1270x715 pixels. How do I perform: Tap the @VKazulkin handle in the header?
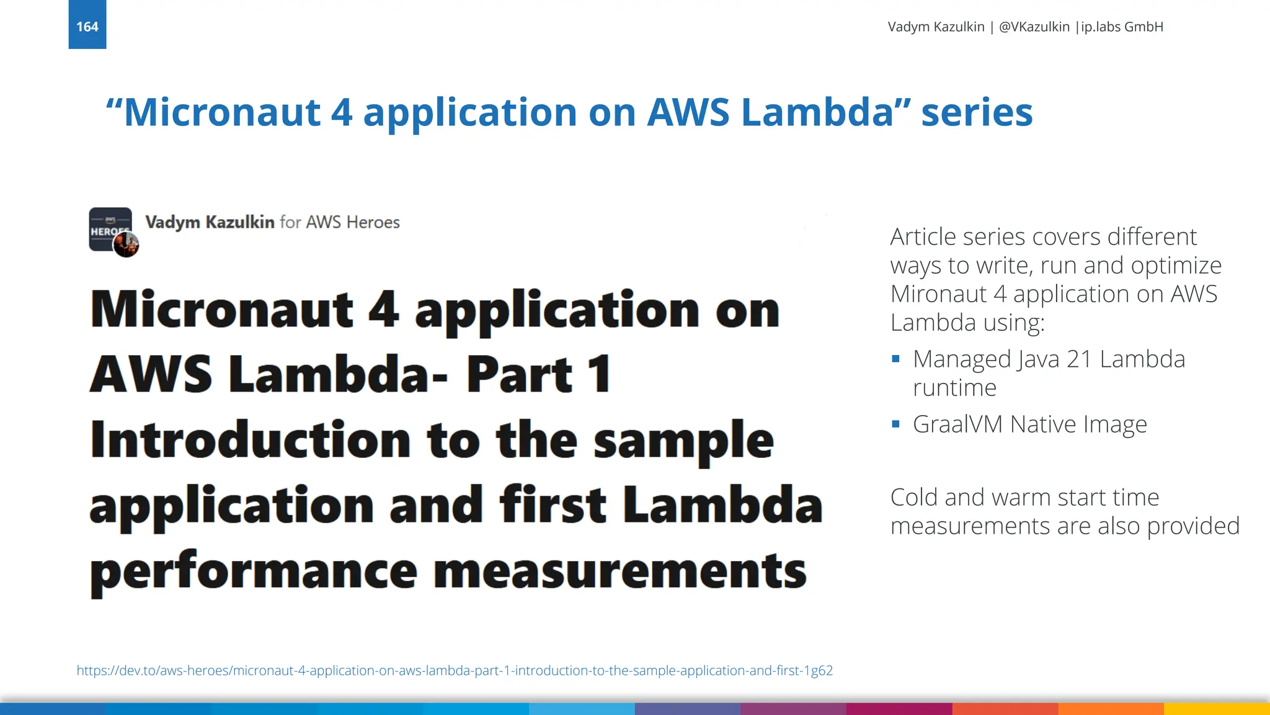tap(1034, 27)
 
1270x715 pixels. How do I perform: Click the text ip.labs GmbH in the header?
tap(1122, 27)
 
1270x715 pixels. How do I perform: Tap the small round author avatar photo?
tap(126, 245)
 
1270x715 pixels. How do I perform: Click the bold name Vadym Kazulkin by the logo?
tap(210, 222)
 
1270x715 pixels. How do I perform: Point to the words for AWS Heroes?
tap(340, 222)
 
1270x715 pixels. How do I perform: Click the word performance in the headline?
tap(254, 571)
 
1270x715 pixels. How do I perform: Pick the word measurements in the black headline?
tap(619, 571)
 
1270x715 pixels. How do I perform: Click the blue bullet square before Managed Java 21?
tap(895, 359)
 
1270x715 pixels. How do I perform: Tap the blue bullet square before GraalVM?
tap(895, 424)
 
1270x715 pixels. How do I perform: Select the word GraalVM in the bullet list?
tap(957, 425)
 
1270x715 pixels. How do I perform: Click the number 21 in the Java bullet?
tap(1080, 359)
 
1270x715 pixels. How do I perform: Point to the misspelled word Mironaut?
tap(938, 294)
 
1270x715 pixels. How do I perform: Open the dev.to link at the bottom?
tap(455, 670)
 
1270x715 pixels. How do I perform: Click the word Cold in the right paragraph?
tap(914, 498)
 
